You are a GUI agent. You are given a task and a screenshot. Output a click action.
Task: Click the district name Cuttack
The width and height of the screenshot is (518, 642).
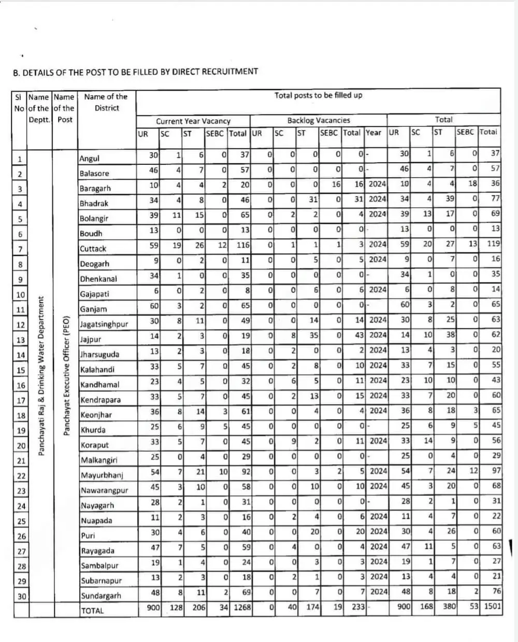click(93, 249)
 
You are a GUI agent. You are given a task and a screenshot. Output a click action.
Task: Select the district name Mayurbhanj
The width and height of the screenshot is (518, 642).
click(101, 475)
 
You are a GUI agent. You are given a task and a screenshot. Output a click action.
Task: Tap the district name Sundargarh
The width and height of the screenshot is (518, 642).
click(100, 595)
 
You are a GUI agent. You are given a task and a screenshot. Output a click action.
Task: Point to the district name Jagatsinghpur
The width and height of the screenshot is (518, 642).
click(104, 324)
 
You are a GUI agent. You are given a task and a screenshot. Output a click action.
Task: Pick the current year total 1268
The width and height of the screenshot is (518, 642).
click(242, 606)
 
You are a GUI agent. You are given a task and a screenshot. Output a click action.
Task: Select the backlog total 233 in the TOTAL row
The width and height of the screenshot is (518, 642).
click(357, 606)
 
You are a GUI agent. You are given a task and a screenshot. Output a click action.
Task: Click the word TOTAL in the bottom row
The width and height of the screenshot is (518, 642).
click(92, 610)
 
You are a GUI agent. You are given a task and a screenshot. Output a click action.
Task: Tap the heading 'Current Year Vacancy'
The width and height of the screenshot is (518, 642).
click(193, 121)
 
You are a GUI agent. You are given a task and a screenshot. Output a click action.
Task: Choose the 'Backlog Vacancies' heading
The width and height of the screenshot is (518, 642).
click(319, 120)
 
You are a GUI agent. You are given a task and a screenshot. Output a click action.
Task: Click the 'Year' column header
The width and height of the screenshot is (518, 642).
click(373, 132)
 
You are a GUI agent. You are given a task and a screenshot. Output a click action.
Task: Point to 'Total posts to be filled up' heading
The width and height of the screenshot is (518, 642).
click(318, 95)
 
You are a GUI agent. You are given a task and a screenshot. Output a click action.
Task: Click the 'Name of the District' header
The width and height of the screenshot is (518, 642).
click(106, 102)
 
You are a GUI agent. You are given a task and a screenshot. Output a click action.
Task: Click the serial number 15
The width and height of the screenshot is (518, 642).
click(21, 370)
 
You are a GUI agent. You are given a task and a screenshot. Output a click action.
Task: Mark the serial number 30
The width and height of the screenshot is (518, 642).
click(21, 596)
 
